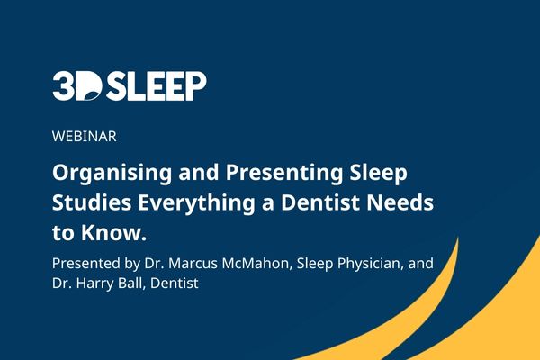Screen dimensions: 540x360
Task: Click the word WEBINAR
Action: (x=85, y=137)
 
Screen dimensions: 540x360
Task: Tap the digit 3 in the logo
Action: (x=63, y=86)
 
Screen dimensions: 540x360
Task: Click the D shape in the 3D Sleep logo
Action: (x=88, y=86)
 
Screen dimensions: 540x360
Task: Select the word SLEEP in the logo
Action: (x=156, y=86)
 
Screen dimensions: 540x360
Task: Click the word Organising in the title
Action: (x=112, y=173)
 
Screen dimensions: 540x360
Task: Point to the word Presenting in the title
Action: (x=284, y=173)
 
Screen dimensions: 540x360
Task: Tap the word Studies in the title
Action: (x=92, y=202)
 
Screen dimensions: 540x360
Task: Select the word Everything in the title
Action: (x=196, y=203)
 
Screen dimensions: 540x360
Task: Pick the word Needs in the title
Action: (x=400, y=202)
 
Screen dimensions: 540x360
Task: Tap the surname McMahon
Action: (x=256, y=264)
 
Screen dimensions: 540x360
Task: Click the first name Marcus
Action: (x=193, y=264)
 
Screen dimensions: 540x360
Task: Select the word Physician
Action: (x=369, y=265)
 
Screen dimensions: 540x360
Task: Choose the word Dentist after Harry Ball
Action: (x=175, y=283)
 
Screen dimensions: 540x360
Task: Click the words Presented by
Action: (x=96, y=265)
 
